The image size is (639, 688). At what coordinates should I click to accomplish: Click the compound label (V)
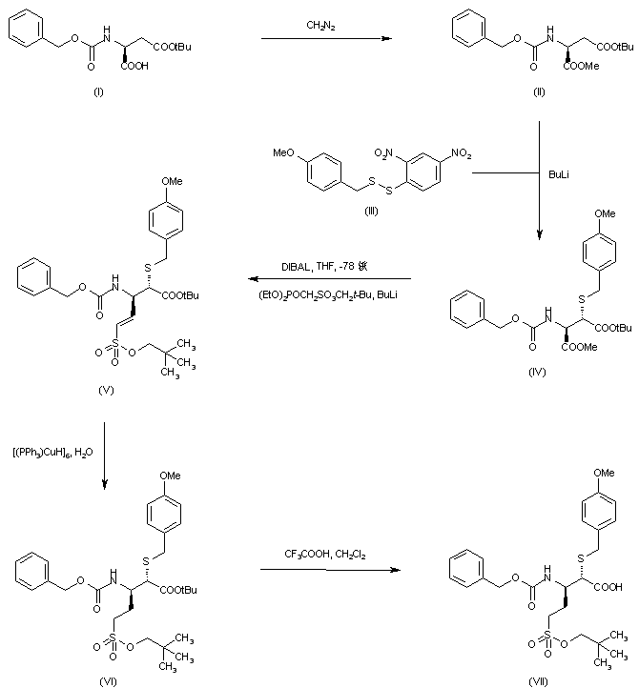tap(102, 389)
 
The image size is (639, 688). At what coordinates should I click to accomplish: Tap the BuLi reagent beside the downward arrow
tap(560, 175)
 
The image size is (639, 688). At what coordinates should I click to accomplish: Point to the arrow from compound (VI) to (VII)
tap(327, 570)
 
